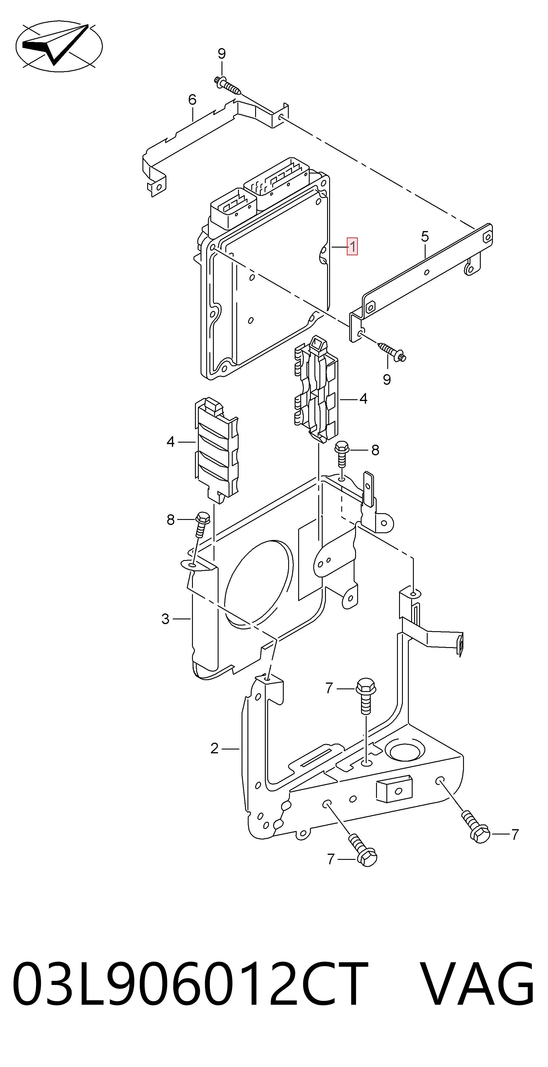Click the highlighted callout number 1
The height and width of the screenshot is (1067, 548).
point(352,246)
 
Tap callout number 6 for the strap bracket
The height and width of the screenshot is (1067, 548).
point(192,100)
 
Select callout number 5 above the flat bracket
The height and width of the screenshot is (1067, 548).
point(425,237)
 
